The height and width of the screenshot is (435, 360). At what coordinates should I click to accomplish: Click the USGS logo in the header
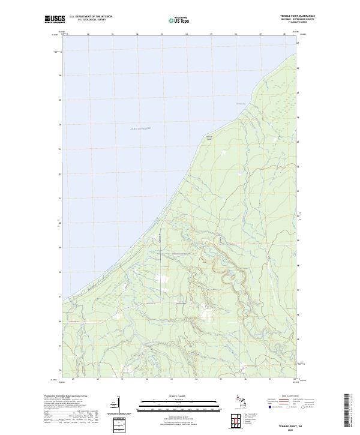pyautogui.click(x=53, y=19)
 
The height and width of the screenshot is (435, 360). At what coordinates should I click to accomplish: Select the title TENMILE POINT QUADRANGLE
pyautogui.click(x=298, y=16)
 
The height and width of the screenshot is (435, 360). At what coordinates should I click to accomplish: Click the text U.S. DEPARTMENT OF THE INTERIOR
pyautogui.click(x=91, y=16)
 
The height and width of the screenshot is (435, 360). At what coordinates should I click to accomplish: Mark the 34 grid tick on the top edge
pyautogui.click(x=187, y=34)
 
